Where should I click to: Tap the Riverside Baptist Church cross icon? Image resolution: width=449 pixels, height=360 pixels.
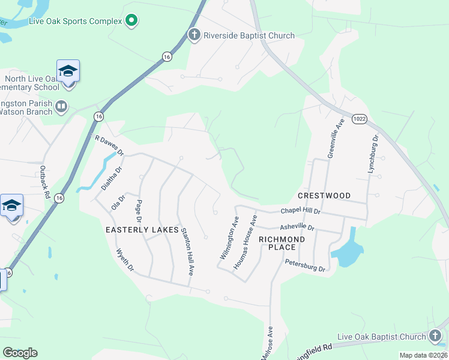coord(194,35)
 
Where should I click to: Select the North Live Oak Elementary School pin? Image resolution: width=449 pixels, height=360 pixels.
coord(68,72)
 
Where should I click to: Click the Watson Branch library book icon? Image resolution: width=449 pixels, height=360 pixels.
coord(61,107)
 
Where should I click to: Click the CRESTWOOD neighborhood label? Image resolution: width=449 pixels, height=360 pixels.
coord(324,196)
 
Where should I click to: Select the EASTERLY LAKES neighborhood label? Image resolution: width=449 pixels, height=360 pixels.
coord(142,230)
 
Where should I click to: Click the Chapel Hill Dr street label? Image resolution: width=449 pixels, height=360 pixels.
coord(301,212)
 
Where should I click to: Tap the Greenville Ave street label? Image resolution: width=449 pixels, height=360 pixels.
coord(334,139)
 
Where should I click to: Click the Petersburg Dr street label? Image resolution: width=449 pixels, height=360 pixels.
coord(305,265)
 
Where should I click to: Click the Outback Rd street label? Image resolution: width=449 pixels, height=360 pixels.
coord(44,181)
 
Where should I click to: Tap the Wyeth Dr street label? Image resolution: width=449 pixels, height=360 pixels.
coord(125,260)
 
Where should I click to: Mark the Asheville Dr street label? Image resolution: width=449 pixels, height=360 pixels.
coord(298,227)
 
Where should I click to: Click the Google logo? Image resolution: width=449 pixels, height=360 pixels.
coord(20,352)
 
